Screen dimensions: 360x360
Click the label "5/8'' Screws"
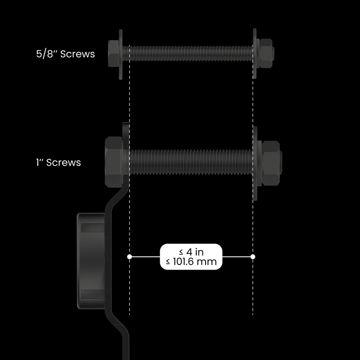[66, 54]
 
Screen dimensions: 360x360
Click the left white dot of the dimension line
[130, 256]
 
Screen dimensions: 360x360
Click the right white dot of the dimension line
[253, 256]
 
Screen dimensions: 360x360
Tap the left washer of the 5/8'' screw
[121, 54]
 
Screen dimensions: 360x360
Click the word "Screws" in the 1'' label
[64, 162]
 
